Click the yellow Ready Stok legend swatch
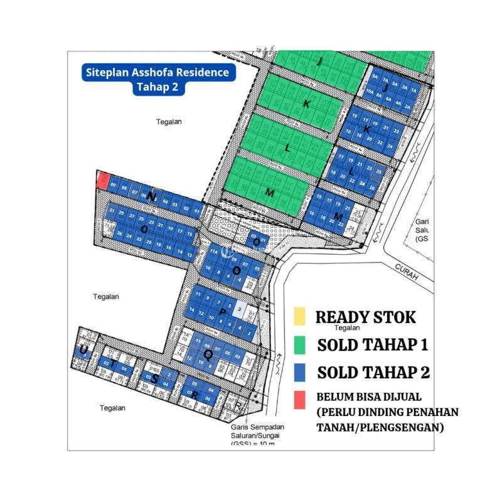coord(299,316)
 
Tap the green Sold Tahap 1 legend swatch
coord(299,344)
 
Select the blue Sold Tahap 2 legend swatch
coord(299,371)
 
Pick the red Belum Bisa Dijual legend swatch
coord(299,398)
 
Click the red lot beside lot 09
coord(102,181)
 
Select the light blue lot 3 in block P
coord(239,309)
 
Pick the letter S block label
coord(154,379)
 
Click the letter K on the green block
coord(306,105)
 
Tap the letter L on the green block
coord(287,149)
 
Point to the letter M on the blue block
coord(339,216)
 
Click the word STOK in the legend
coord(391,317)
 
